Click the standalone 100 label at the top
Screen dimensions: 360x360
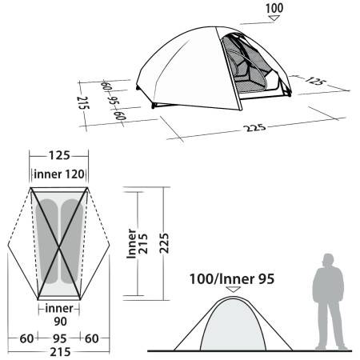[275, 9]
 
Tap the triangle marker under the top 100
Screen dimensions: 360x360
[275, 21]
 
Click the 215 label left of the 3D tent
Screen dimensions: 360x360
[82, 103]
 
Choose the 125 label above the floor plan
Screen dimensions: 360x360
[58, 158]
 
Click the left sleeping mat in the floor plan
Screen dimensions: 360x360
[47, 240]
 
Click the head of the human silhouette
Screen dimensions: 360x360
[326, 260]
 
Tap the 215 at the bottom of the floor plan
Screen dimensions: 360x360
[58, 351]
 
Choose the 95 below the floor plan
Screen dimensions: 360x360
[58, 338]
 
